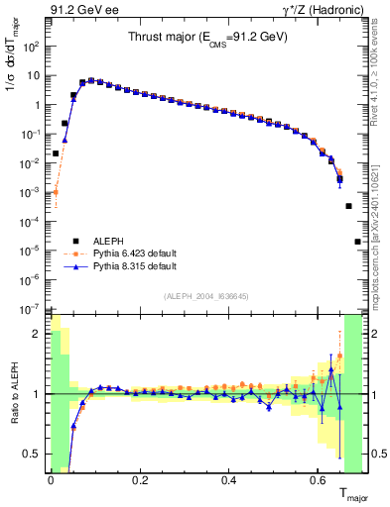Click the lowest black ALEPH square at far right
coord(357,241)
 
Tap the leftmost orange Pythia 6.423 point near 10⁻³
coord(57,192)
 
